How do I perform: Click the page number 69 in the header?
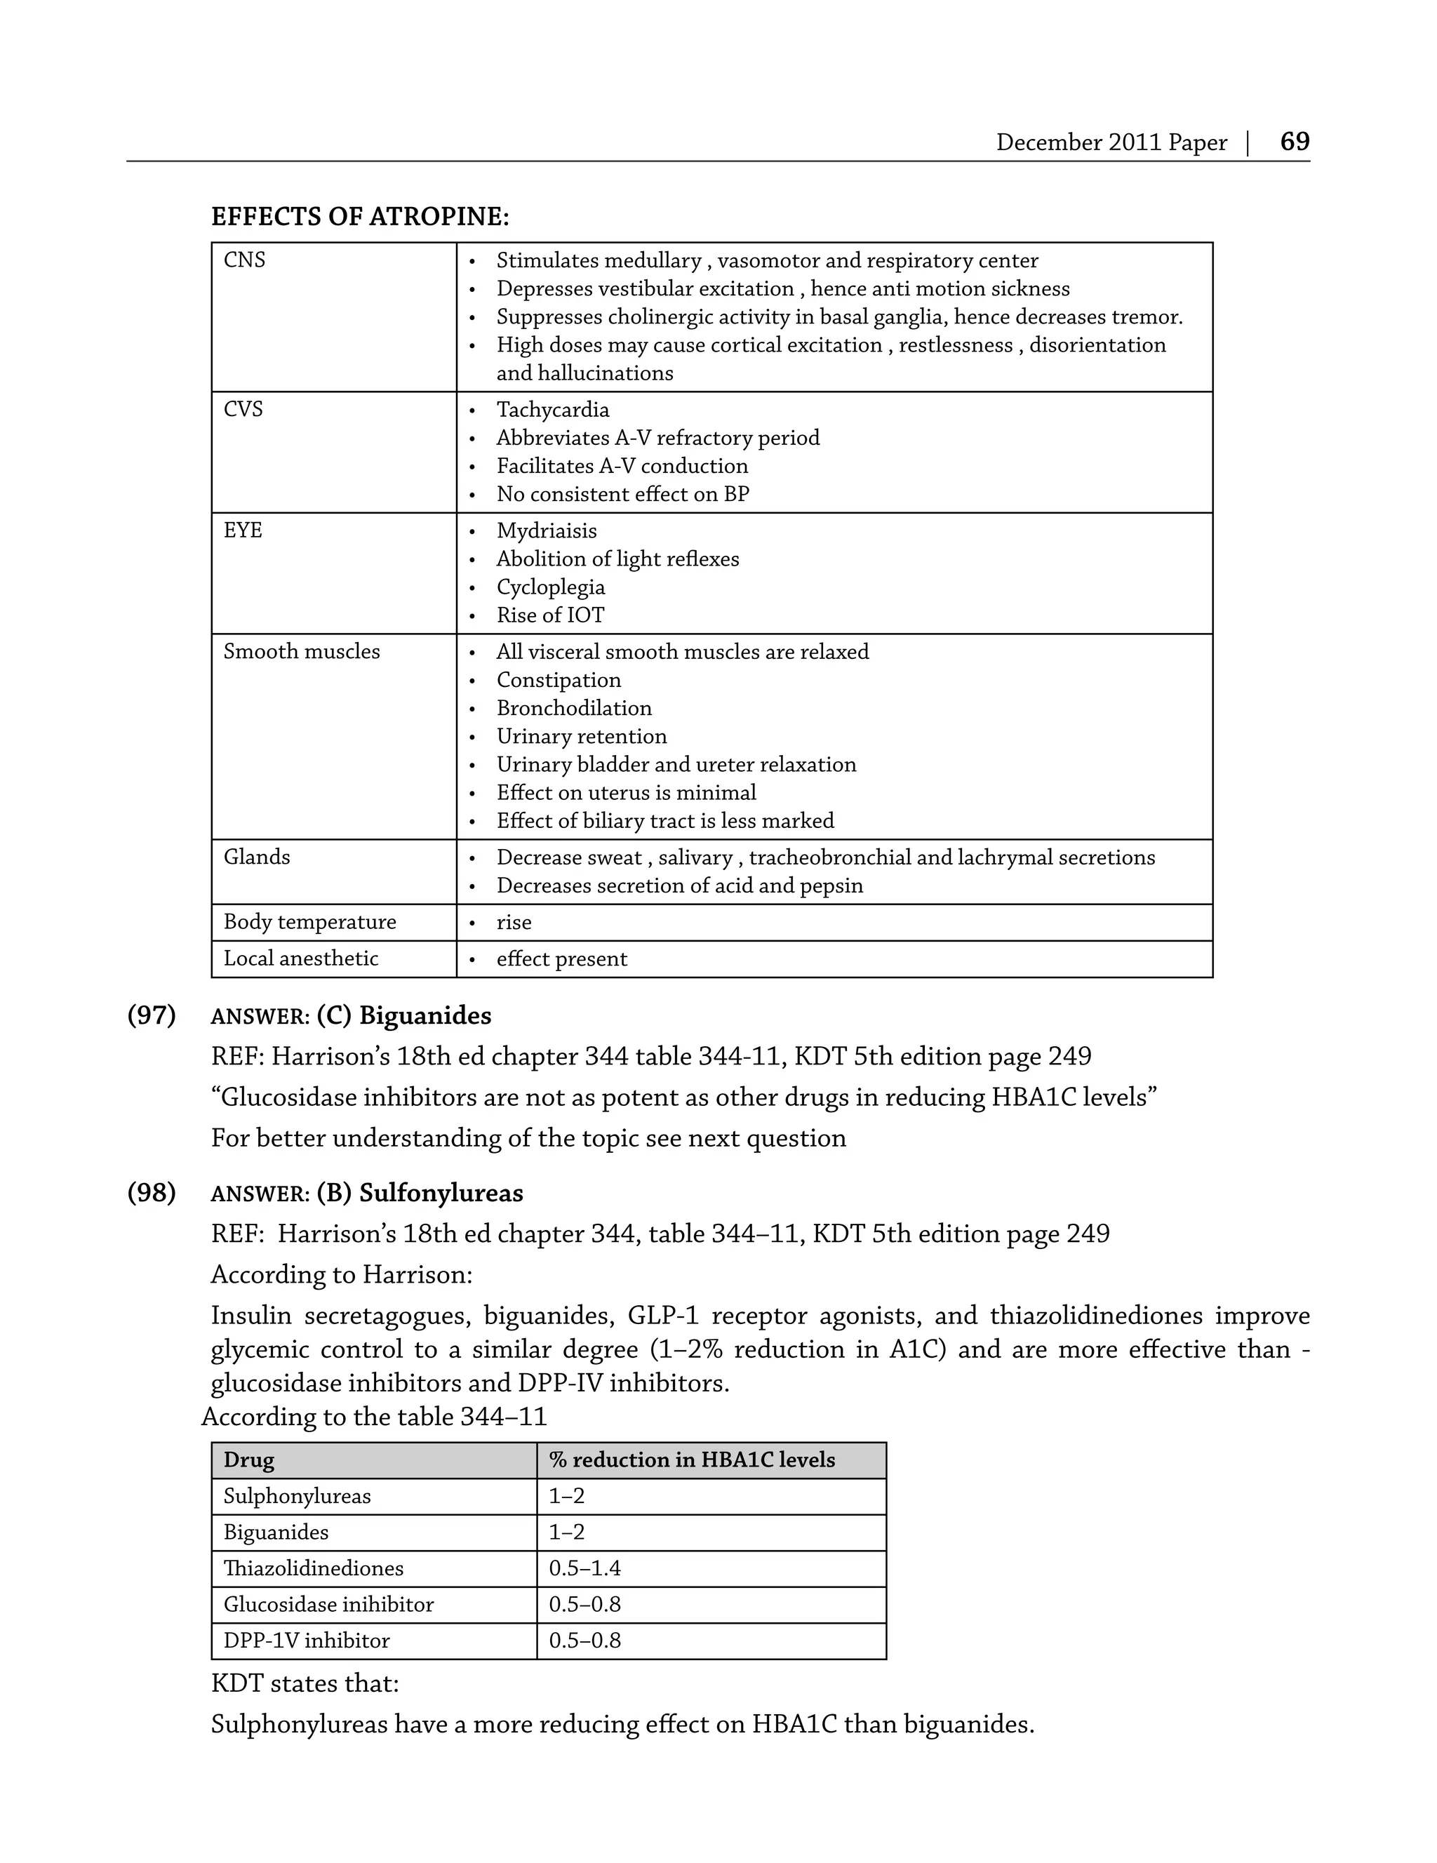[1294, 142]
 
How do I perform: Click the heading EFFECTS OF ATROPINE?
[359, 217]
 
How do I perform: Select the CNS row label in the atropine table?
[244, 260]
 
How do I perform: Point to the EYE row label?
[243, 530]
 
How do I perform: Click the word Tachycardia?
[553, 410]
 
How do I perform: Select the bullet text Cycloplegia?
[550, 587]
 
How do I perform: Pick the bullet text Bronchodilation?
[574, 708]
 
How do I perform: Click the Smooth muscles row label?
[302, 652]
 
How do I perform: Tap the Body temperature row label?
[309, 922]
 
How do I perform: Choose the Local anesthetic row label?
[300, 959]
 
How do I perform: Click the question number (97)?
[152, 1015]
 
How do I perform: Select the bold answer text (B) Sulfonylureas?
[420, 1192]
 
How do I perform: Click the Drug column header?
[249, 1460]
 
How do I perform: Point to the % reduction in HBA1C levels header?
[692, 1460]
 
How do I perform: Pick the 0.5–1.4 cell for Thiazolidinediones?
[584, 1568]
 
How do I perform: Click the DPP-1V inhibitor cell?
[306, 1641]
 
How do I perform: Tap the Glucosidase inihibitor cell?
[328, 1605]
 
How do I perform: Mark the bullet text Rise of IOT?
[550, 615]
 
